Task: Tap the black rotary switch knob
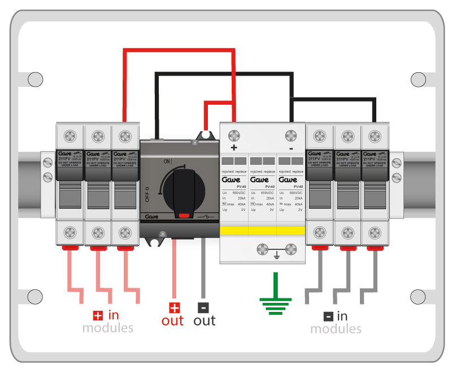click(x=182, y=192)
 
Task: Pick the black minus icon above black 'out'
click(x=203, y=308)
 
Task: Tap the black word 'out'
click(x=205, y=321)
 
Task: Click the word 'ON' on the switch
click(x=168, y=161)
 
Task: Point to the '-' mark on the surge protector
click(x=290, y=148)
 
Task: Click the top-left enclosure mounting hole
click(x=35, y=80)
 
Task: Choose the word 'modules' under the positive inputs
click(x=107, y=328)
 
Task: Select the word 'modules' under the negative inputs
click(x=336, y=328)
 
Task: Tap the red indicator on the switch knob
click(x=182, y=214)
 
